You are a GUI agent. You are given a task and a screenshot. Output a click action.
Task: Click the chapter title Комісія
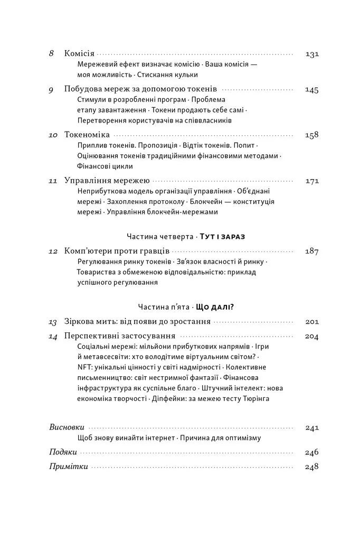(x=79, y=54)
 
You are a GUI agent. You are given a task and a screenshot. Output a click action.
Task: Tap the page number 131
(x=312, y=54)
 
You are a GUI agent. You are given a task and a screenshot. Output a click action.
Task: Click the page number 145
(x=312, y=90)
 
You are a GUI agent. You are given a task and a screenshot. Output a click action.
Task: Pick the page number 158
(x=312, y=135)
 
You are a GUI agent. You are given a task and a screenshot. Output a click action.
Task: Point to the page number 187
(x=312, y=251)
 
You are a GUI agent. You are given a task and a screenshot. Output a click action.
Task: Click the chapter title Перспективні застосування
(x=120, y=337)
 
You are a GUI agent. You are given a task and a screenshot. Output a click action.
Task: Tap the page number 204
(x=312, y=337)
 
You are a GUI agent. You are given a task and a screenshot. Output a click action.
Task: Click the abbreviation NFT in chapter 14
(x=84, y=367)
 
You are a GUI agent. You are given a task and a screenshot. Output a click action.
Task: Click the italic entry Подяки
(x=63, y=452)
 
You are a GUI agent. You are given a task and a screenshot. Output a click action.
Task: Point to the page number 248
(x=312, y=467)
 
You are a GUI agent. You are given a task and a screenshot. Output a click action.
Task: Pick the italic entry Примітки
(x=68, y=467)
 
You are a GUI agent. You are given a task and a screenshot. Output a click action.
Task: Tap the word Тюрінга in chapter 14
(x=254, y=398)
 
